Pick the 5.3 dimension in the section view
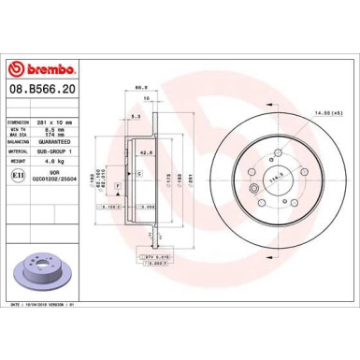pos(135,116)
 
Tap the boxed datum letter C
pos(138,175)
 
